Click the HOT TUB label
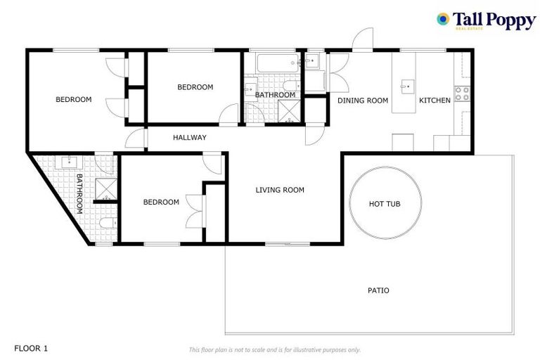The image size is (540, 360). point(385,204)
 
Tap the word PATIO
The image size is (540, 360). point(378,290)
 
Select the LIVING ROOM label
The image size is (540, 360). point(280,190)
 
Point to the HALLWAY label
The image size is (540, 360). point(190,138)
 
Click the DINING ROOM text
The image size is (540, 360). point(363,101)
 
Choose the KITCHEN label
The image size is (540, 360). point(435,101)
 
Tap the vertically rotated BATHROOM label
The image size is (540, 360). point(79,193)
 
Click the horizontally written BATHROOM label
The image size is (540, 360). point(275,95)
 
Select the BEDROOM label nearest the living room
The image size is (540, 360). point(161,202)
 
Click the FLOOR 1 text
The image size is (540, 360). point(31,348)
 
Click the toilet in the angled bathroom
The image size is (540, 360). point(105,224)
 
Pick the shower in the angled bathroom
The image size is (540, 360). point(105,188)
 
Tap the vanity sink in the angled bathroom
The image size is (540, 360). point(70,162)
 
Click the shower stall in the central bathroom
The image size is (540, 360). point(288,111)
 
